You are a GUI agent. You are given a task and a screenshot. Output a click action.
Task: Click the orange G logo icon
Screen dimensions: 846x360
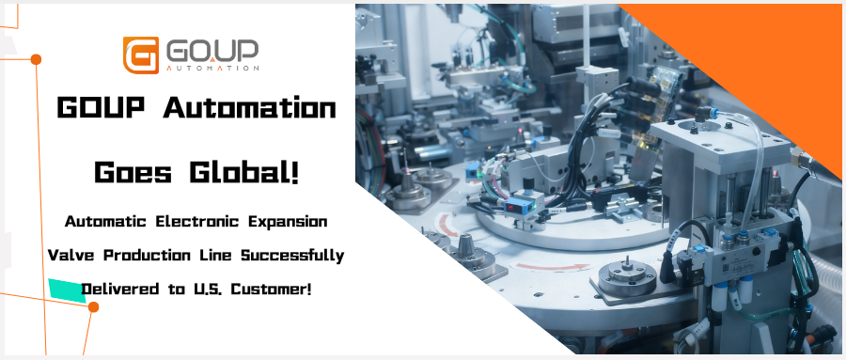[141, 55]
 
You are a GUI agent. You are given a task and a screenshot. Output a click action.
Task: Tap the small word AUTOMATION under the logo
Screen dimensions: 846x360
[212, 69]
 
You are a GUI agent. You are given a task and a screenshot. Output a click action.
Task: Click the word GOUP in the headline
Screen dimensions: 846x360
[101, 108]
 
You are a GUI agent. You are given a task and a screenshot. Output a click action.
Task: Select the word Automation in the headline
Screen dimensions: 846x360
[250, 108]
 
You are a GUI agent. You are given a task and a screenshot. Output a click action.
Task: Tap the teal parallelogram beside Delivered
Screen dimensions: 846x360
[68, 289]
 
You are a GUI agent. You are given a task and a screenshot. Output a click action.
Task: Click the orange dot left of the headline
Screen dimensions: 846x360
[36, 59]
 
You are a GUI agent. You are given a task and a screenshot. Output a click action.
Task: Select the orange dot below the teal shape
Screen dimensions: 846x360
[93, 307]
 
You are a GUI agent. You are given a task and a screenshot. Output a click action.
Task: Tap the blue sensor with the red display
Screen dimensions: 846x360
[515, 207]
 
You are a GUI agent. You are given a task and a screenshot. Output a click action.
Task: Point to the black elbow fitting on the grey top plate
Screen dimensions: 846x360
[702, 114]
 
